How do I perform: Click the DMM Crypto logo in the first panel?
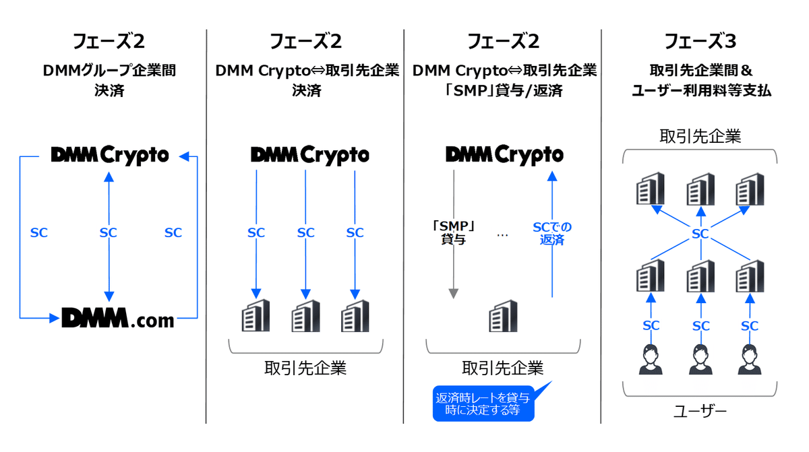click(x=109, y=156)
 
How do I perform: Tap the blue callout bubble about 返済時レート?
click(x=483, y=403)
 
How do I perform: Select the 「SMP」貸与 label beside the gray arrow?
click(x=453, y=232)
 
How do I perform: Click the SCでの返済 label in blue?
click(x=551, y=232)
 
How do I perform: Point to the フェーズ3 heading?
click(x=700, y=42)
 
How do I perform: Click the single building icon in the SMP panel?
click(x=502, y=315)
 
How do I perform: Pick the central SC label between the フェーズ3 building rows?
click(x=700, y=234)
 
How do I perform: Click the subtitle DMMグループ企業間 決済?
click(x=109, y=79)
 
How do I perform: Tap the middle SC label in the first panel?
click(x=109, y=232)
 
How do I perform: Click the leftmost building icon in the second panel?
click(x=256, y=315)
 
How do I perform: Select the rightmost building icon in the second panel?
click(x=355, y=315)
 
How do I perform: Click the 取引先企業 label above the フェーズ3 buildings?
click(x=700, y=137)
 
